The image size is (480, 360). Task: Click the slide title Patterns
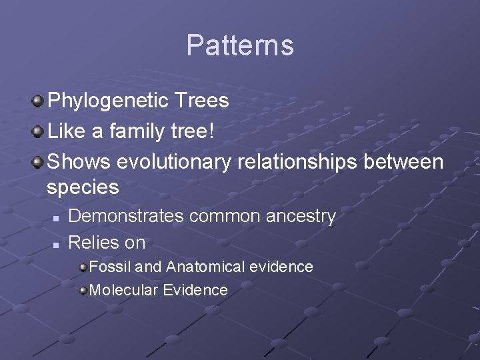[x=240, y=45]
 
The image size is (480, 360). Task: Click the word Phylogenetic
[x=109, y=101]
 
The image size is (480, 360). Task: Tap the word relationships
[x=310, y=162]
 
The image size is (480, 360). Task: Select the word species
[x=83, y=188]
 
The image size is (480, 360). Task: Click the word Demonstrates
[x=126, y=216]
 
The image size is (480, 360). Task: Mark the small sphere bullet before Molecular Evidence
[x=83, y=291]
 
